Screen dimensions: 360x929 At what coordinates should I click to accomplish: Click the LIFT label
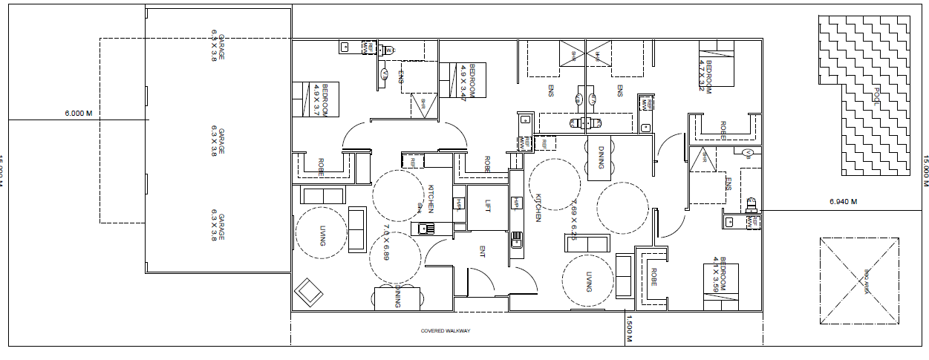(x=487, y=206)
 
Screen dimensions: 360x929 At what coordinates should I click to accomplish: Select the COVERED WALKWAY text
(x=446, y=331)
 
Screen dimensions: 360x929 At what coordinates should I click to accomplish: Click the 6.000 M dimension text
(x=78, y=114)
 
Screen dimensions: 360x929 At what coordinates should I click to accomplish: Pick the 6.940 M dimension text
(x=843, y=201)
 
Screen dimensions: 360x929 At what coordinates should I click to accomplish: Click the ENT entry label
(x=481, y=252)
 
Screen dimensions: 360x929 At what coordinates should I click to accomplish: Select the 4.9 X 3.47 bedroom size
(x=463, y=82)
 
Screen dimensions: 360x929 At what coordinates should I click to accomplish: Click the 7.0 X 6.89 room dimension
(x=386, y=241)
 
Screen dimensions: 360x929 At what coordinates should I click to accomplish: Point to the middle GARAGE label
(x=217, y=141)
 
